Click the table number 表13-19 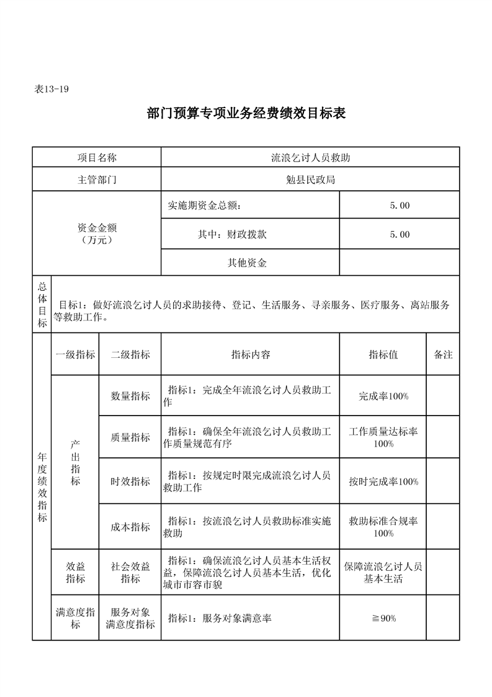(51, 89)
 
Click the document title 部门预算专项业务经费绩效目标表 (246, 114)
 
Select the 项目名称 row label (96, 158)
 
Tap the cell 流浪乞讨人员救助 (310, 158)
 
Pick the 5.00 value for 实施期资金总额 (400, 206)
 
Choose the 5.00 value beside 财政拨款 (400, 235)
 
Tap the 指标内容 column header (250, 355)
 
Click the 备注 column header (443, 355)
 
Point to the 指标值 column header (383, 355)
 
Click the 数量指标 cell (130, 396)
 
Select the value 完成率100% (383, 396)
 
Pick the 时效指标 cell (130, 481)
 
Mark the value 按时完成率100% (383, 481)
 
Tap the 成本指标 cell (130, 527)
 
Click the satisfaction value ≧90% (383, 618)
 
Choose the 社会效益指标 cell (130, 572)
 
